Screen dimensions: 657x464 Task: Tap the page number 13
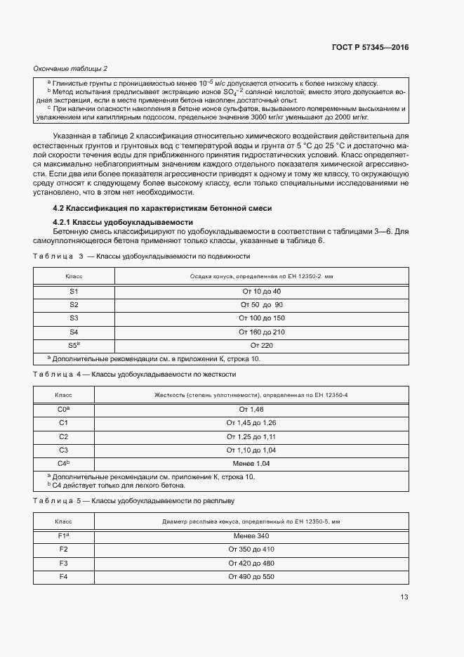(x=403, y=597)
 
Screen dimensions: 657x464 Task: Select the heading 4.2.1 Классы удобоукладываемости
(x=108, y=223)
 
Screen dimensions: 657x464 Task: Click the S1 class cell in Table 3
(x=74, y=292)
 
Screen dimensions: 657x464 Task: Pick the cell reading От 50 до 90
(x=261, y=305)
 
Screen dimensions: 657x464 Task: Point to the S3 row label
(x=74, y=318)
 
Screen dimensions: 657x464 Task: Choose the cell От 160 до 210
(x=261, y=332)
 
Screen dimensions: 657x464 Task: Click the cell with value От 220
(x=261, y=345)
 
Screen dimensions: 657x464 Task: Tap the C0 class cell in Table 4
(x=64, y=409)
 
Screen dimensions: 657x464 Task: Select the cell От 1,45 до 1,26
(x=251, y=422)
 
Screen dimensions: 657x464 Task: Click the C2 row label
(x=63, y=436)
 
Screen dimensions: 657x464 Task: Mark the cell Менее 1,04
(x=251, y=464)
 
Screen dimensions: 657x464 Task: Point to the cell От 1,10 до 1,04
(x=251, y=450)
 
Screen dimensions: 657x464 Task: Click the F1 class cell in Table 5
(x=63, y=536)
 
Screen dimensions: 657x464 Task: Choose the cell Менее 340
(x=251, y=536)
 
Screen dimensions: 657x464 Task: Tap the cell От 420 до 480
(x=251, y=564)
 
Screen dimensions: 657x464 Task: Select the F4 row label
(x=63, y=577)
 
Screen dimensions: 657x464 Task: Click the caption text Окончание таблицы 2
(x=70, y=68)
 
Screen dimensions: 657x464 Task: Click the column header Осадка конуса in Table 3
(x=261, y=277)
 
